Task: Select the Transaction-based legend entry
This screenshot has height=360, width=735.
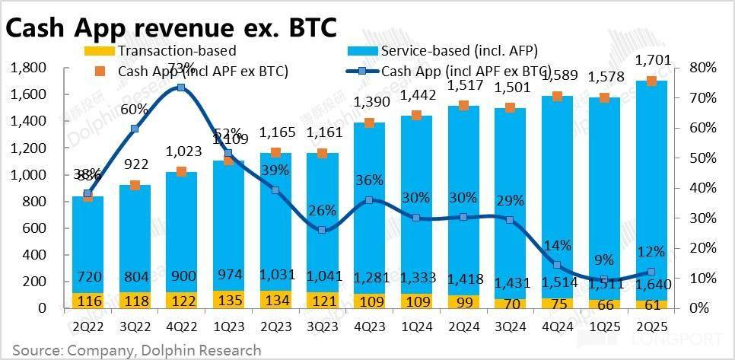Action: tap(176, 51)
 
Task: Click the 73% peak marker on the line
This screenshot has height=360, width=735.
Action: tap(180, 88)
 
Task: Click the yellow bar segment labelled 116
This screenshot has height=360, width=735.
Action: tap(87, 301)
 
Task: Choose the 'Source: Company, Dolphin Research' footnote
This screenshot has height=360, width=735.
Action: tap(137, 350)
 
